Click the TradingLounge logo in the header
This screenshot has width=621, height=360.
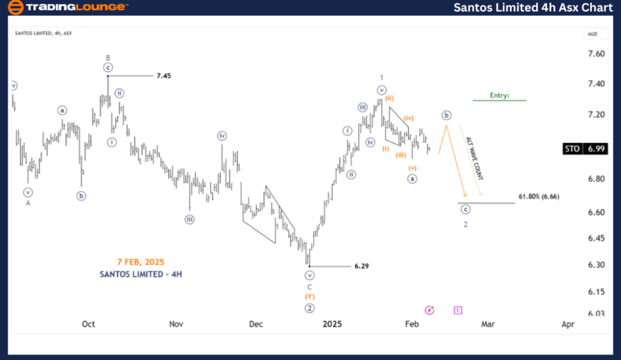click(x=67, y=8)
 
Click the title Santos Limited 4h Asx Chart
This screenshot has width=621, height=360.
click(x=533, y=8)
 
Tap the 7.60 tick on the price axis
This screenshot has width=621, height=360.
click(x=596, y=54)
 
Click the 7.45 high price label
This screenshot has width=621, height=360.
click(x=163, y=75)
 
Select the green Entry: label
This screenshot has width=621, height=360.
click(x=500, y=95)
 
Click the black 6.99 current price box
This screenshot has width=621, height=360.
click(x=596, y=148)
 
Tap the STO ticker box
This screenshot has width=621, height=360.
click(x=571, y=148)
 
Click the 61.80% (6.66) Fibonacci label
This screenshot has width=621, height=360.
click(x=538, y=197)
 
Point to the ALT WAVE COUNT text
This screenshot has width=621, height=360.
click(x=474, y=159)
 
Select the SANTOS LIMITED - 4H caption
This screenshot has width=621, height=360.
click(x=140, y=274)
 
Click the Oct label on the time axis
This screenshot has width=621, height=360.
click(x=88, y=323)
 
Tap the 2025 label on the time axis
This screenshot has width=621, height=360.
click(x=333, y=323)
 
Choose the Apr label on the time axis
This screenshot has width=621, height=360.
click(x=568, y=323)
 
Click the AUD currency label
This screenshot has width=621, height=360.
click(x=592, y=33)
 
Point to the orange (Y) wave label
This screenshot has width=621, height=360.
click(x=310, y=297)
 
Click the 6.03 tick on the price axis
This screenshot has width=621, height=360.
click(x=596, y=313)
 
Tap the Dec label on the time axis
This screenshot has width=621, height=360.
click(x=256, y=323)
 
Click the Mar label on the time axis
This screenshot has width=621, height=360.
click(x=488, y=323)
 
